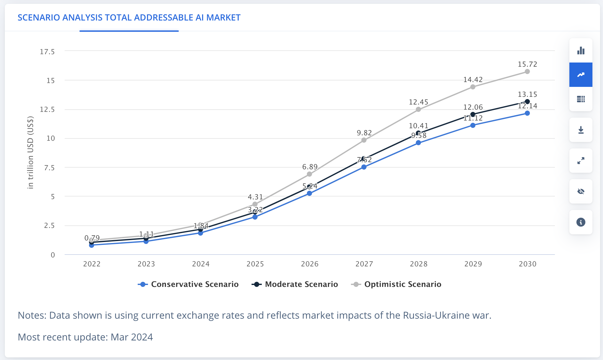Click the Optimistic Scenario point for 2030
click(x=527, y=71)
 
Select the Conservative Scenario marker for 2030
click(x=527, y=113)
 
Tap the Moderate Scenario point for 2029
click(x=473, y=114)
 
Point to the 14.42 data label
click(x=473, y=80)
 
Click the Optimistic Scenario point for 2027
click(x=364, y=140)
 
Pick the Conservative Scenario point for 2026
click(x=309, y=193)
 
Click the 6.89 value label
click(x=310, y=167)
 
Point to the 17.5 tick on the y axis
click(x=47, y=52)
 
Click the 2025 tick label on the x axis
click(x=255, y=264)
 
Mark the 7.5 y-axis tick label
click(x=49, y=168)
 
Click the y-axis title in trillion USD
click(x=30, y=152)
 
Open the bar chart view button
click(x=581, y=51)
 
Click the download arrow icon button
click(x=581, y=130)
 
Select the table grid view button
click(x=581, y=99)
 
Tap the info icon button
click(x=581, y=222)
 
